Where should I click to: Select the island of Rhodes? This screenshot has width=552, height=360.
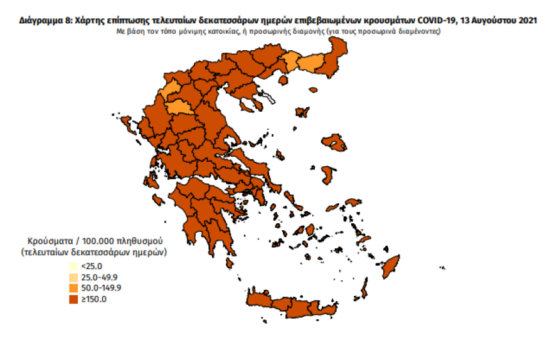pos(392,265)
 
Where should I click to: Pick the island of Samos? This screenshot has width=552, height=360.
pos(354,202)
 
